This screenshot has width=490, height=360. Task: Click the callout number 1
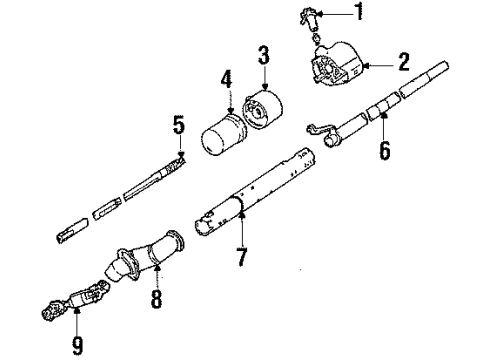[360, 13]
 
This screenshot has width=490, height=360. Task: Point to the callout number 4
[226, 78]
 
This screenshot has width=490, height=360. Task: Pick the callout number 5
[179, 126]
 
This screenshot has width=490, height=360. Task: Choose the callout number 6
[385, 153]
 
